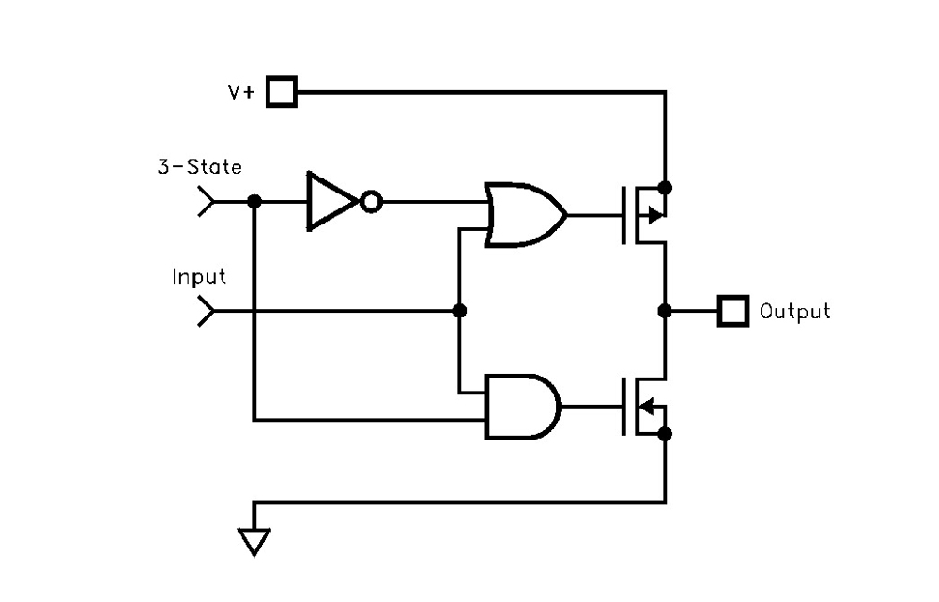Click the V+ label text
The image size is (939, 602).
[240, 92]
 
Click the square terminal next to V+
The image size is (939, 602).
[281, 92]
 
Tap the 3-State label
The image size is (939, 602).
[199, 167]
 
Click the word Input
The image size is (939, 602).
[199, 277]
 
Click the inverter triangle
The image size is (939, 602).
[331, 201]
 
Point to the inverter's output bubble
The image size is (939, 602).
[372, 201]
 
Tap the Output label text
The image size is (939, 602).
[794, 311]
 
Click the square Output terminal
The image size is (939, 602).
[732, 311]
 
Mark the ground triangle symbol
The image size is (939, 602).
[254, 542]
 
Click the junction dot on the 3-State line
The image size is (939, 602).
[254, 201]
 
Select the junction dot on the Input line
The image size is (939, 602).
[459, 311]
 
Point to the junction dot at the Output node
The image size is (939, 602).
[665, 311]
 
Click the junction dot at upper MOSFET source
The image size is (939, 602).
[665, 187]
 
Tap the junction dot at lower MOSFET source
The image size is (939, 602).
[665, 434]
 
